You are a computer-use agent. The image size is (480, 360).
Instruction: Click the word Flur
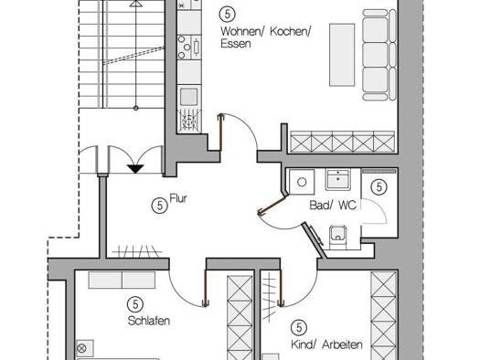click(178, 198)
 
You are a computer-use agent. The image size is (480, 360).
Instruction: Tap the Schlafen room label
click(149, 321)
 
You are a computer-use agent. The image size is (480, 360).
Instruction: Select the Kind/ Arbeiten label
click(326, 344)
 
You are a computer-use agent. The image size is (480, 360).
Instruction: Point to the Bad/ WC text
click(333, 205)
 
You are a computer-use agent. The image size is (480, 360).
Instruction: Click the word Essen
click(236, 44)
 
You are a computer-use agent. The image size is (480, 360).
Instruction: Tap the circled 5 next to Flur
click(160, 206)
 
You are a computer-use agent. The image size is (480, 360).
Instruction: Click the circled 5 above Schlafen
click(135, 304)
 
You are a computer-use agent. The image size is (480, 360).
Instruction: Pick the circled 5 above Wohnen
click(228, 14)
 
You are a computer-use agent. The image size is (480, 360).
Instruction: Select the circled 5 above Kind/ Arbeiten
click(299, 328)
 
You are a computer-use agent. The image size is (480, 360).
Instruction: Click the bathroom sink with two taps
click(338, 179)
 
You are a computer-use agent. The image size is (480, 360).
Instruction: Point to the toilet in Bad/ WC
click(338, 238)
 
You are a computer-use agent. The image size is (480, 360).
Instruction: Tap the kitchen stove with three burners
click(189, 48)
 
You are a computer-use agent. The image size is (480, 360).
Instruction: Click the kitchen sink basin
click(189, 97)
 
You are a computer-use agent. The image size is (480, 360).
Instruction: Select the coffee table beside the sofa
click(342, 55)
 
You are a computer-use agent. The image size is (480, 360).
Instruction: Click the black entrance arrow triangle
click(135, 168)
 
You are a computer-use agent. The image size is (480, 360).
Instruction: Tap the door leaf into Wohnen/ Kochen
click(220, 132)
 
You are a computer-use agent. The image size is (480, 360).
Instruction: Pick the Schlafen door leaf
click(205, 288)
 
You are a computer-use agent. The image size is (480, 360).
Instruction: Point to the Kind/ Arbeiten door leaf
click(280, 288)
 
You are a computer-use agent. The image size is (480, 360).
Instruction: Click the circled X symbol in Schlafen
click(81, 348)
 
